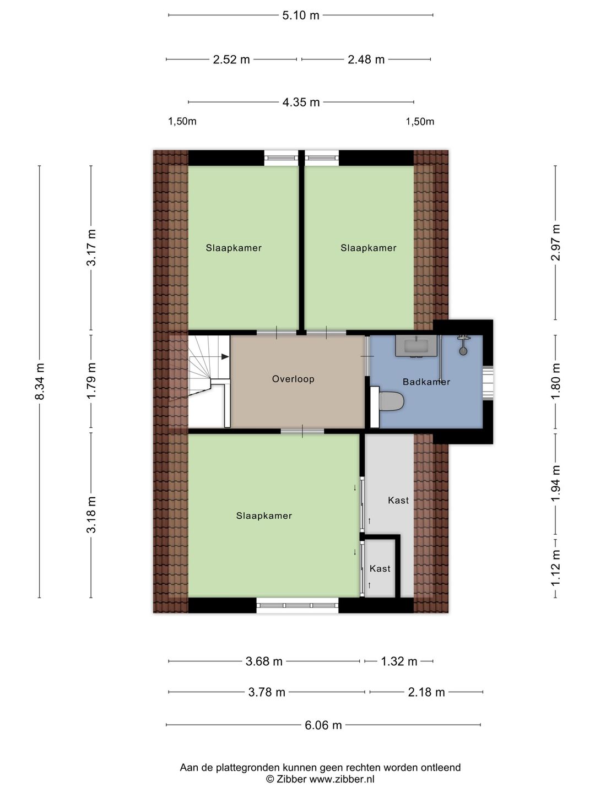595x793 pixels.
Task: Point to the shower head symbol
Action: point(463,345)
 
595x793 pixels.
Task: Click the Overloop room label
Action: point(293,379)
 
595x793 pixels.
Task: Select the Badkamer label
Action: point(426,382)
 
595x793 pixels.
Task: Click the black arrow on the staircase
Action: point(225,357)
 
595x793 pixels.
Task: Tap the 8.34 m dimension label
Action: point(40,382)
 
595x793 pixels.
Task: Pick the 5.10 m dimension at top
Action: point(301,15)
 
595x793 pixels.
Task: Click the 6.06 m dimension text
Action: point(323,725)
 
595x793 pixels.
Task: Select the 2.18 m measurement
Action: point(426,692)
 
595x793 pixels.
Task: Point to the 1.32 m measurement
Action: point(399,661)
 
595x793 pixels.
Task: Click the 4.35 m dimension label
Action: point(301,102)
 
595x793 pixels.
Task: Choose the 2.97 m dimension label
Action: point(556,242)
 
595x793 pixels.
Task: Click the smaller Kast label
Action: point(380,569)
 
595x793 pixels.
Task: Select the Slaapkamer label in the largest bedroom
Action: point(264,515)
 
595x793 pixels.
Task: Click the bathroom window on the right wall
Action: point(488,383)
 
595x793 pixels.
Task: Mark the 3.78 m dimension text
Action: point(267,692)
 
